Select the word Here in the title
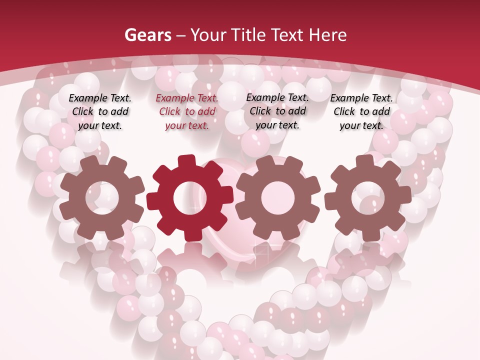327,35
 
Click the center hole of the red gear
190,198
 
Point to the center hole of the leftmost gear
102,198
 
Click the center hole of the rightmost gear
367,198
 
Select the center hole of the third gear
278,198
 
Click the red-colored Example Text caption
187,112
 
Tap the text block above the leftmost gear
100,112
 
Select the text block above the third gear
277,111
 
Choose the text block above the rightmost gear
361,112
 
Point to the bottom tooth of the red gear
190,233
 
